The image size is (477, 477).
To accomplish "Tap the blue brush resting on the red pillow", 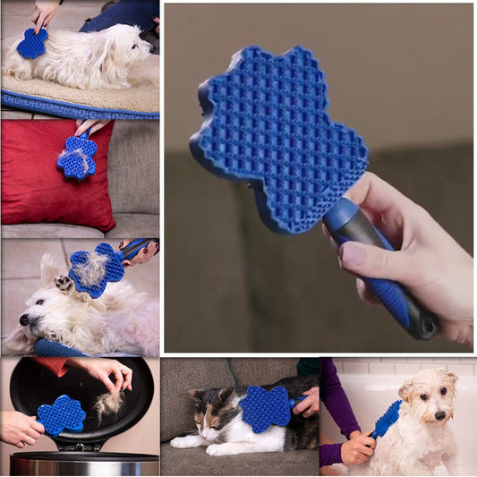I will tap(78, 158).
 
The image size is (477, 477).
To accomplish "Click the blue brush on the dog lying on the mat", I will tap(32, 43).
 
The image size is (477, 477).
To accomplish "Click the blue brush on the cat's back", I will tap(266, 408).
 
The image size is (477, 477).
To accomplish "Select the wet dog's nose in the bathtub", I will tap(439, 415).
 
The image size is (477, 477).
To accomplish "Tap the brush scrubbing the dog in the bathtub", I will tap(386, 419).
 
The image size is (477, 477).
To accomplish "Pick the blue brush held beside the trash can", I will tap(62, 415).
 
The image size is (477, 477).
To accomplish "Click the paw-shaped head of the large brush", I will tap(277, 134).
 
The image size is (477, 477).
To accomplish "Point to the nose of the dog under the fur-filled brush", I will tap(24, 319).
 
